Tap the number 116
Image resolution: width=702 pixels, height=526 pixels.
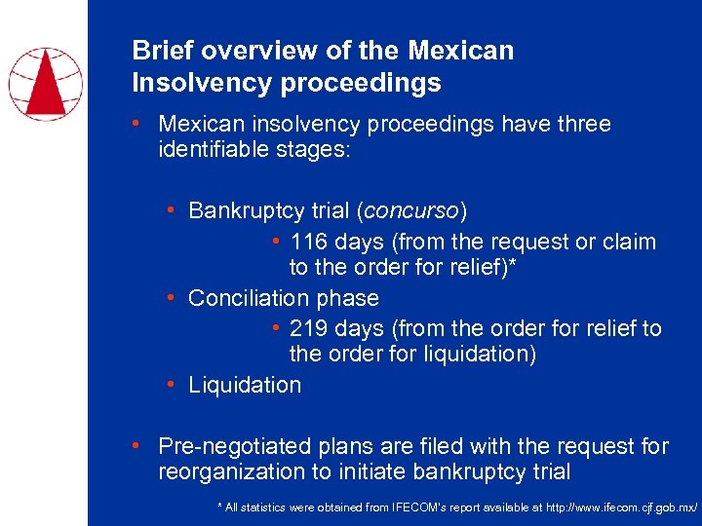click(310, 242)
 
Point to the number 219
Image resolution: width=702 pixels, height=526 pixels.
click(310, 329)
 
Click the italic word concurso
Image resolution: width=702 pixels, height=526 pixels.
click(410, 211)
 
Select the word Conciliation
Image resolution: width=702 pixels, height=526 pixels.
click(235, 298)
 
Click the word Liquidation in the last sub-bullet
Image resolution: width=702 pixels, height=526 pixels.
click(245, 385)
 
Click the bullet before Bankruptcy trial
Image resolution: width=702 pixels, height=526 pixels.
click(171, 210)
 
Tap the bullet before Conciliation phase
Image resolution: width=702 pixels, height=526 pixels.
click(171, 297)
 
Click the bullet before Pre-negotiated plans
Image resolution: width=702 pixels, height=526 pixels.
click(139, 446)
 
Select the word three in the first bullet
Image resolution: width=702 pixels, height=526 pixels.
click(582, 125)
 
